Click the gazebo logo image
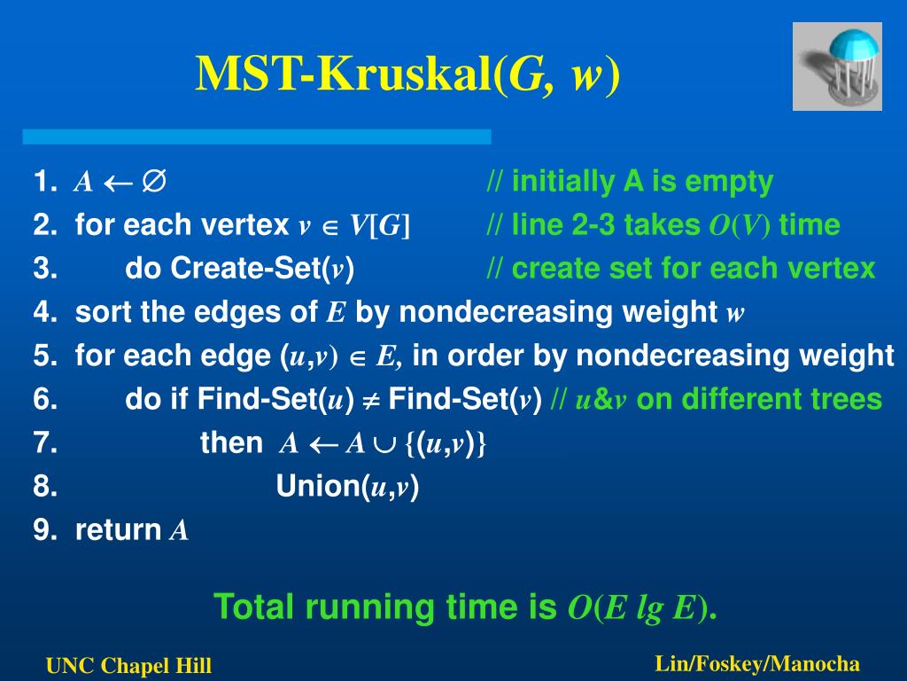click(837, 67)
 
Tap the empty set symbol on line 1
click(154, 181)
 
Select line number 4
click(45, 312)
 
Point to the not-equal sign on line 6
click(371, 400)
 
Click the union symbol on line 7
click(384, 445)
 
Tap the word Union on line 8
click(318, 487)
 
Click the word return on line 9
click(118, 530)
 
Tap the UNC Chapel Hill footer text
click(128, 666)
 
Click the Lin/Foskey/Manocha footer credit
click(757, 663)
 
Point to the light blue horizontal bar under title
click(257, 137)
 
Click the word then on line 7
click(231, 443)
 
